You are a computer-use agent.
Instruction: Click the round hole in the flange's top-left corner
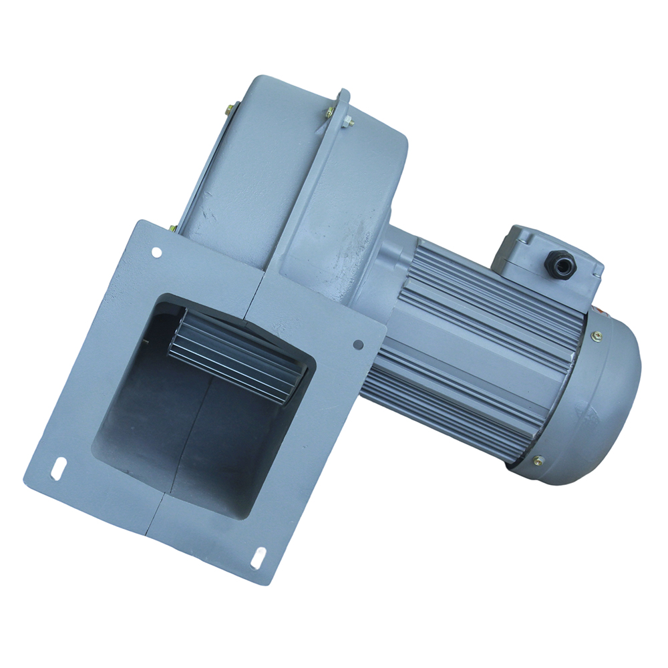156,253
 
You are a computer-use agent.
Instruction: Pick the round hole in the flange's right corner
358,345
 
